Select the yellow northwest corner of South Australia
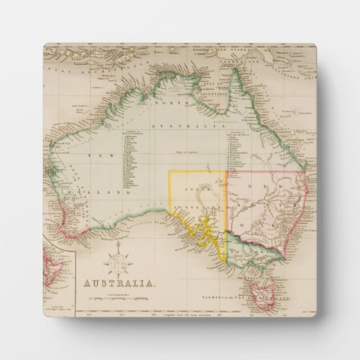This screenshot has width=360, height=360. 170,173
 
